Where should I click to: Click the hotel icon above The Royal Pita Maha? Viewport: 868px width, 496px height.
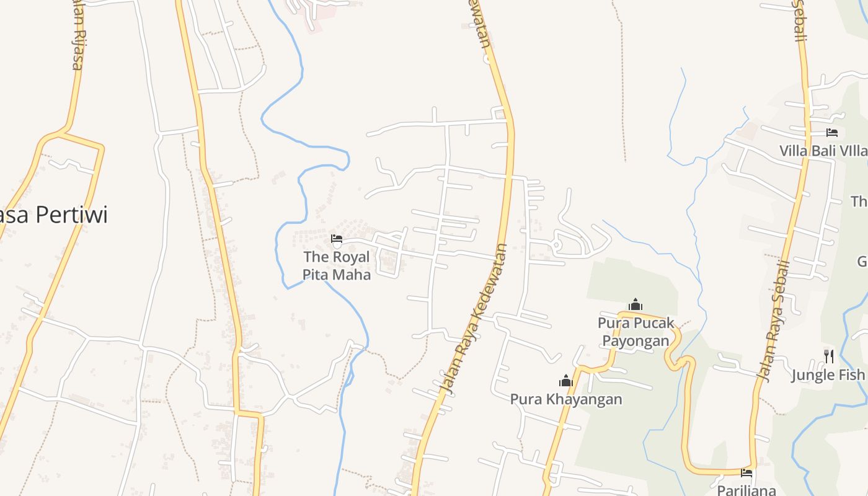coord(337,238)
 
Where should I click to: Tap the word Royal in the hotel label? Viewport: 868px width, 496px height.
coord(351,257)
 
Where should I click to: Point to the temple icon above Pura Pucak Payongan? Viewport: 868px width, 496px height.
coord(635,304)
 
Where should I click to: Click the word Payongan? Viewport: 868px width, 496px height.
coord(636,341)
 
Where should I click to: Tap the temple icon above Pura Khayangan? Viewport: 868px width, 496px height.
coord(565,380)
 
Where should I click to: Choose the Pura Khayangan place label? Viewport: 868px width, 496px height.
coord(566,399)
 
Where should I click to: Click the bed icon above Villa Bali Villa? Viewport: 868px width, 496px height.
coord(832,133)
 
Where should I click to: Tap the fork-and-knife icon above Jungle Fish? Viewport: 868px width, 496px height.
coord(828,356)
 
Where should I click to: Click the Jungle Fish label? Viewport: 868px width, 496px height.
coord(828,374)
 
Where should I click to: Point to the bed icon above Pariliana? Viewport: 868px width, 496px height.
coord(746,473)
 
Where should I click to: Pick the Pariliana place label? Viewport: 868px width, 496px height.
coord(746,490)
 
